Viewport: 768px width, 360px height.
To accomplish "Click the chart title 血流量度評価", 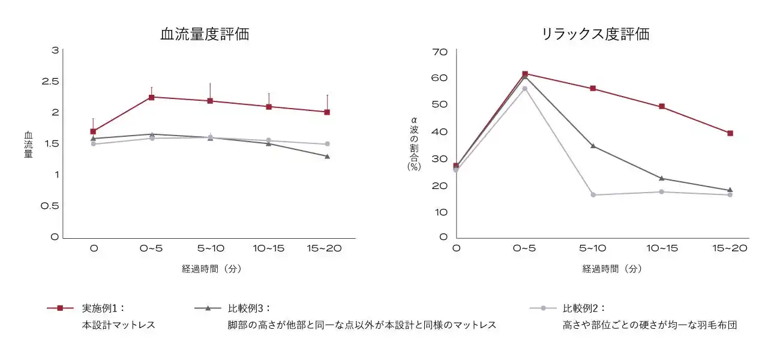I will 205,34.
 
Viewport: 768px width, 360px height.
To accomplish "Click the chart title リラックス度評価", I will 595,34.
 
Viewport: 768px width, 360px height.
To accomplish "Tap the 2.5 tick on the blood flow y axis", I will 50,81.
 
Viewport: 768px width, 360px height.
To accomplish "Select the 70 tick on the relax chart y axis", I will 440,52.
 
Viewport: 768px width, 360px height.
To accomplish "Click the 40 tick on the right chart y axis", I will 440,131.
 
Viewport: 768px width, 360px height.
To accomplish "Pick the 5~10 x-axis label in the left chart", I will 210,248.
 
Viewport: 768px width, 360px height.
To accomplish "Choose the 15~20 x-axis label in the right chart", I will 730,248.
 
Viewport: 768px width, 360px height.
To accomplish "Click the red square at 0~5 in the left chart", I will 151,97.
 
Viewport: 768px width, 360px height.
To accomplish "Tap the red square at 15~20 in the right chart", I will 730,133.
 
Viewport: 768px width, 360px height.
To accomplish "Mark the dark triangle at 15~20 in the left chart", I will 327,157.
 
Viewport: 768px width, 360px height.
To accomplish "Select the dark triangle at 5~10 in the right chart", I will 593,146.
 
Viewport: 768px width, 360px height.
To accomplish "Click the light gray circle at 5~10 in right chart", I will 593,195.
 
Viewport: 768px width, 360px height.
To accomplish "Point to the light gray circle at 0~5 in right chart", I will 524,89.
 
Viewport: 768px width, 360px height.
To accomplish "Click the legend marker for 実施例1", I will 60,308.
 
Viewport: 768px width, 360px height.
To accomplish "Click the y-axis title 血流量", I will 28,145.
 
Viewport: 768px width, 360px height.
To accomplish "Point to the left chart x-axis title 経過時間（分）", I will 211,269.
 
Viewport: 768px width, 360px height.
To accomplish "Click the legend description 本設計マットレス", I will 119,325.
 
